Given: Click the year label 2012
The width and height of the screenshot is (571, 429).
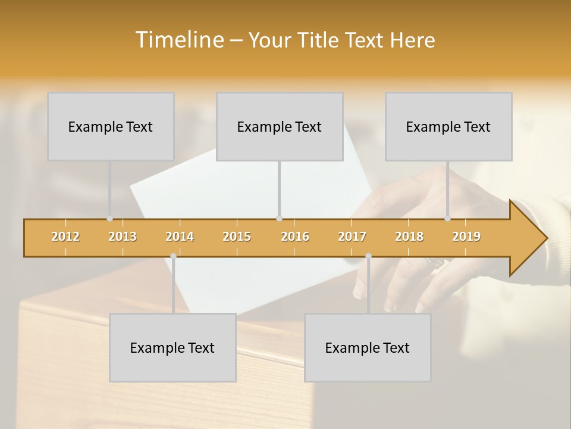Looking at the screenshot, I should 65,237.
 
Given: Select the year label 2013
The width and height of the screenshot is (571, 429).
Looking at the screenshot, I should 123,237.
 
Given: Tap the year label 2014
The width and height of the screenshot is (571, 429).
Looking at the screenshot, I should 180,237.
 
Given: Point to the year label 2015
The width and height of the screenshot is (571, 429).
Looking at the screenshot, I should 237,237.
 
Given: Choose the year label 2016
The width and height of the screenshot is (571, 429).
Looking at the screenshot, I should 295,237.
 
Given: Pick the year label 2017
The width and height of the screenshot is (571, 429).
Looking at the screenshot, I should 352,237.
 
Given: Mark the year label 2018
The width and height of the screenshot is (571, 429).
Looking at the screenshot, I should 409,237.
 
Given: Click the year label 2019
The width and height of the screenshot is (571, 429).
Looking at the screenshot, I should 466,237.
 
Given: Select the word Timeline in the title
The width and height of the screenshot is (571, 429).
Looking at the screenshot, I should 178,40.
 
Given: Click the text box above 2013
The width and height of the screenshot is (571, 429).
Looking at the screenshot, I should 111,126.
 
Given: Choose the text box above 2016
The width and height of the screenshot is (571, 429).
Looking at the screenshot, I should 280,126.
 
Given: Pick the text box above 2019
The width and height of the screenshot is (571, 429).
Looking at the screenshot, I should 448,126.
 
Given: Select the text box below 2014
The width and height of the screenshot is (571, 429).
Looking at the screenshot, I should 172,347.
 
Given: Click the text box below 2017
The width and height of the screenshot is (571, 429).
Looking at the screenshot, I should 368,347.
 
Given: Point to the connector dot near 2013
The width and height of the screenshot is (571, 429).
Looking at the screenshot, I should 109,219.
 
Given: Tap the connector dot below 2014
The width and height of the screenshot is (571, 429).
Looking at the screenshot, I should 173,256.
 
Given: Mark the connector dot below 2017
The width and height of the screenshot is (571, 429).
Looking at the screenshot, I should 368,256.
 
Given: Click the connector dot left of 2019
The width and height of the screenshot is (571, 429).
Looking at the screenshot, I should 448,219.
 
